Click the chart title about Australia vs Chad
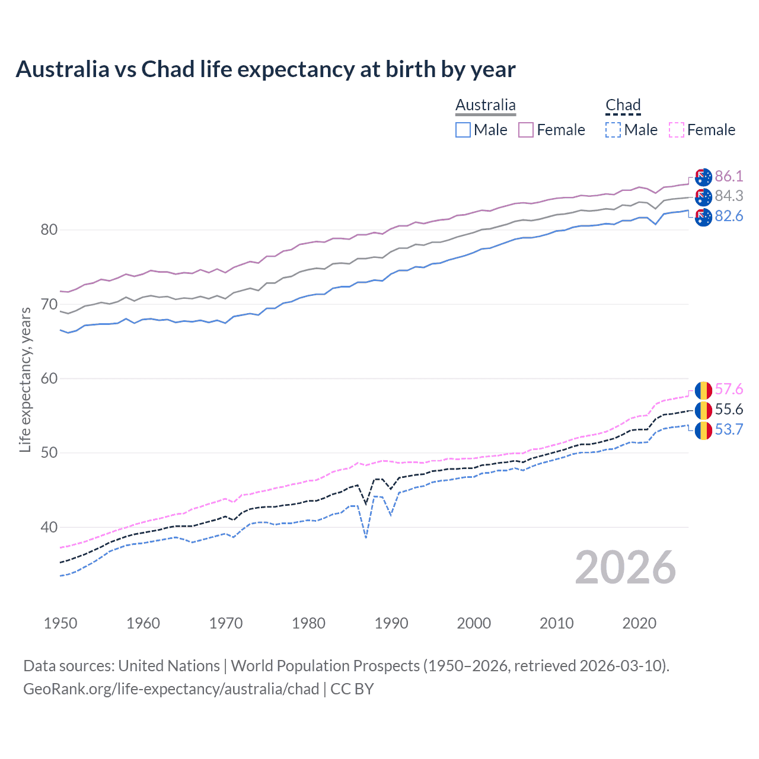(265, 69)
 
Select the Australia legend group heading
(485, 106)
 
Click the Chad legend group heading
(623, 106)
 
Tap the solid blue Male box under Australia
(463, 130)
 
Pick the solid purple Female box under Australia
(526, 130)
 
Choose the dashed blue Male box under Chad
(613, 130)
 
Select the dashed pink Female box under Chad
(676, 130)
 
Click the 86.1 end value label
(729, 176)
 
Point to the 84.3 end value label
(729, 196)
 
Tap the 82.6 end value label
(729, 216)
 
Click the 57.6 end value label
(729, 390)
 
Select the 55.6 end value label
(729, 410)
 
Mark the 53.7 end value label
(729, 430)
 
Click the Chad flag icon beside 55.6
(703, 410)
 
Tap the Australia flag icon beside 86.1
(703, 177)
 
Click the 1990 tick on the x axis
(391, 623)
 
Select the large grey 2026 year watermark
(625, 568)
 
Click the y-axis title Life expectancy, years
(25, 379)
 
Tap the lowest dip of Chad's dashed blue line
(366, 537)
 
